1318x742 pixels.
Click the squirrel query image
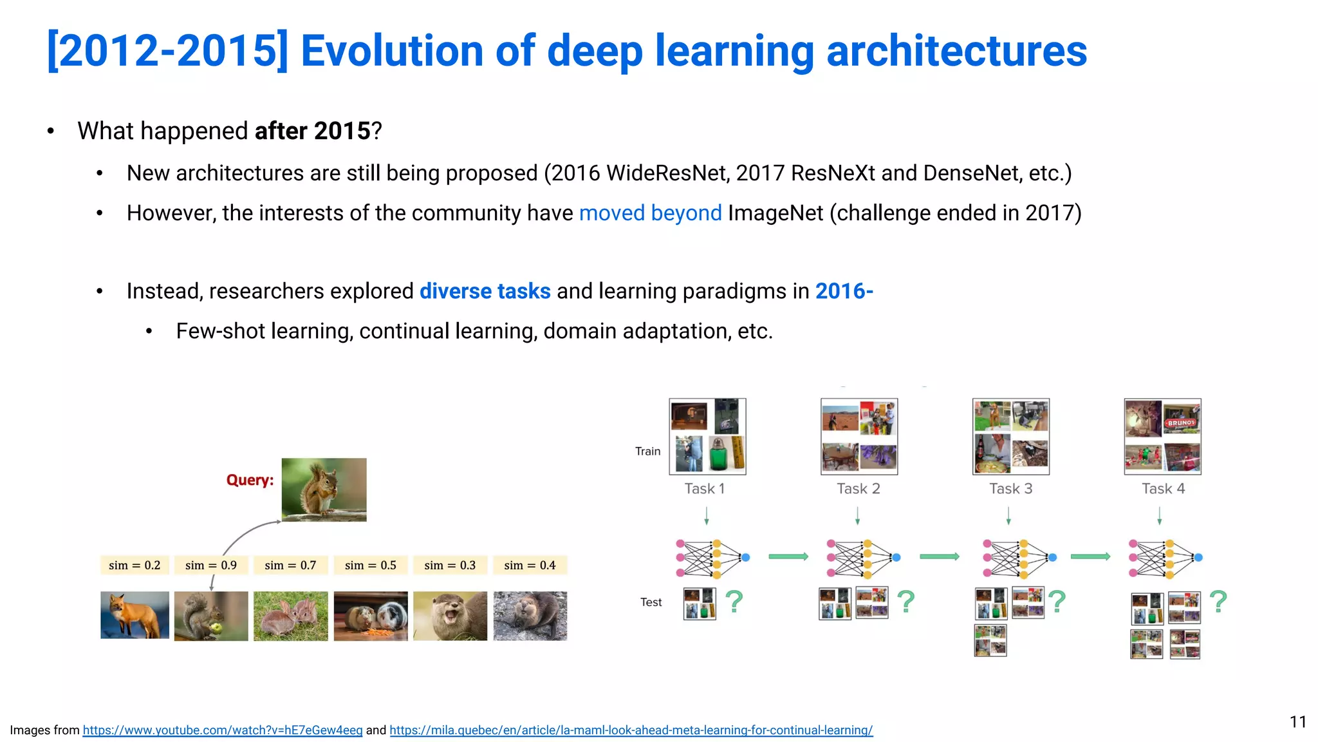324,490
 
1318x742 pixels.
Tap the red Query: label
250,480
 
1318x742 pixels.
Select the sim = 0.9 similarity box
211,565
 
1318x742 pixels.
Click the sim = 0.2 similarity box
135,565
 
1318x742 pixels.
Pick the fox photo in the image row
135,615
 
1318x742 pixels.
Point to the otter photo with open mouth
450,616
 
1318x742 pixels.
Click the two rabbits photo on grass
290,616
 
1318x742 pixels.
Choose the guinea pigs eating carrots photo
371,616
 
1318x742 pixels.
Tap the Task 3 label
1010,489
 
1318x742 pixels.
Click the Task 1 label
705,489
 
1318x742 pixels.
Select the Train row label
647,452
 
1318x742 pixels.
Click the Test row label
651,602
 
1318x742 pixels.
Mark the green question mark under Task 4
1218,602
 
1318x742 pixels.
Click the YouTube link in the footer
223,730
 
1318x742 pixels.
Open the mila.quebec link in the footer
631,730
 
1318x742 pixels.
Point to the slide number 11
1297,722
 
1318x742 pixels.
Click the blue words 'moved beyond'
650,213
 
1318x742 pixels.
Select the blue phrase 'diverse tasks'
485,291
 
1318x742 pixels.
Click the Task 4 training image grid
1162,437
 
